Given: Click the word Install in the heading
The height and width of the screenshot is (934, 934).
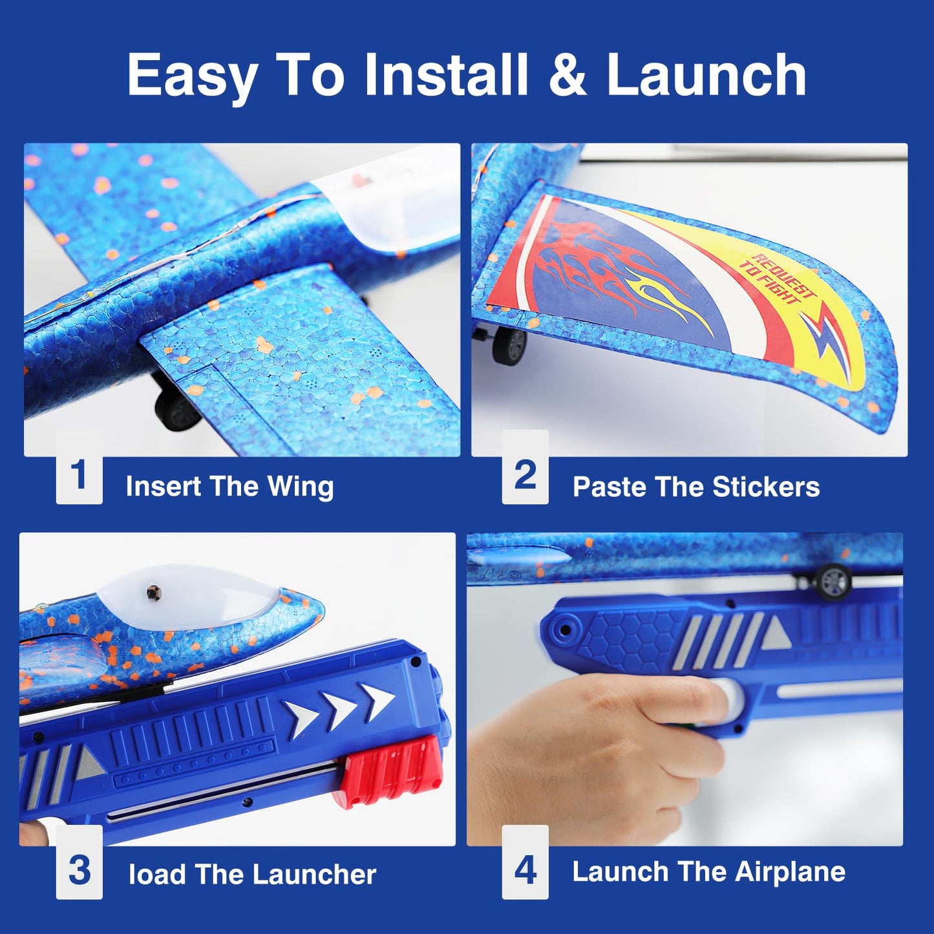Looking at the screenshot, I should [445, 75].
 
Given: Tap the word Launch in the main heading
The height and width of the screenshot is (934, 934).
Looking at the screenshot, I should [706, 75].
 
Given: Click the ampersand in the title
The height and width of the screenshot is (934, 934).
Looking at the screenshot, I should [567, 75].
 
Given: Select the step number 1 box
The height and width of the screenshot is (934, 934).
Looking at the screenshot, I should [79, 476].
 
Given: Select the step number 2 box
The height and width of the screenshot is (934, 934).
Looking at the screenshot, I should [525, 474].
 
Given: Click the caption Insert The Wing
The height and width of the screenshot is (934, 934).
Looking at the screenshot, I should [229, 486].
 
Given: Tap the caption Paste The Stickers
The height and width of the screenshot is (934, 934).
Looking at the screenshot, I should [695, 487].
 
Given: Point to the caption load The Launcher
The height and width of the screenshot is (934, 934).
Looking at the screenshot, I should [252, 875].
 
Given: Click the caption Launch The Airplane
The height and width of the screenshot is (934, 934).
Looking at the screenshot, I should [708, 872].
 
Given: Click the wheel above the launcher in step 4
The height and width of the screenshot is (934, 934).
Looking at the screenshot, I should [833, 581].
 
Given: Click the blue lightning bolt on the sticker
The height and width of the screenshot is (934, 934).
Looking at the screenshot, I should [829, 342].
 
